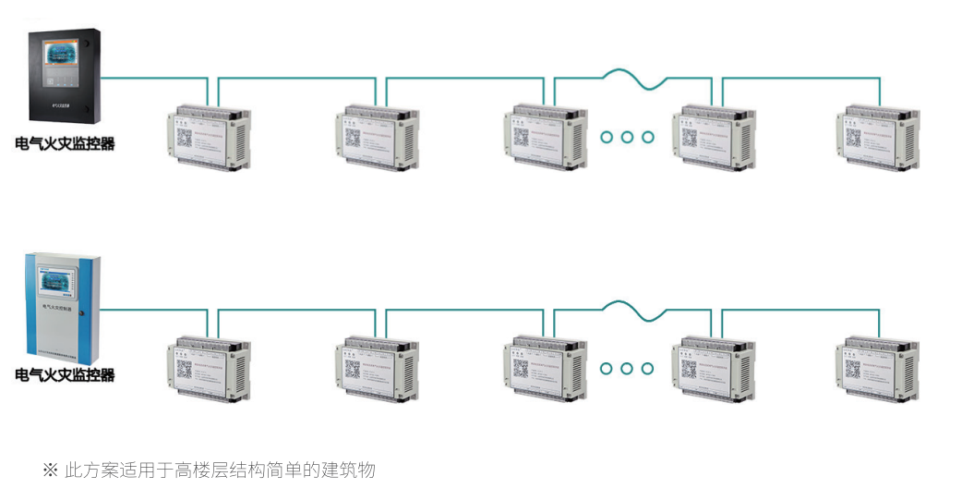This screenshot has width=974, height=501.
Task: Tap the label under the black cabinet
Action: coord(66,143)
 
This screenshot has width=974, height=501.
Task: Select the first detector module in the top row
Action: coord(209,139)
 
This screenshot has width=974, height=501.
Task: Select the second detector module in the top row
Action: coord(377,139)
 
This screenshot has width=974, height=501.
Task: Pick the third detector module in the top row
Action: coord(546,139)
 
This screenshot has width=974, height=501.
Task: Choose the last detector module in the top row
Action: coord(879,139)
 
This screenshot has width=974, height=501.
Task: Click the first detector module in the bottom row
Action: coord(209,370)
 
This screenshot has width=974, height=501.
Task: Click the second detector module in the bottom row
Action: coord(377,370)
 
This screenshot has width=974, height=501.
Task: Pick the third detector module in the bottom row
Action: coord(546,370)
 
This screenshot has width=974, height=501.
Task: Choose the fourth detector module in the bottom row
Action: coord(713,370)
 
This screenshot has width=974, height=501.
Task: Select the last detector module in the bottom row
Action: coord(879,370)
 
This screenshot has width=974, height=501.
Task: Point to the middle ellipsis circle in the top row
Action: coord(628,138)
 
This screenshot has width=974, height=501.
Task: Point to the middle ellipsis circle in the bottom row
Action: coord(628,369)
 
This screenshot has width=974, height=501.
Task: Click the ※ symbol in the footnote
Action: coord(50,470)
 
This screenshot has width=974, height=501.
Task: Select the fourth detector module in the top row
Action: coord(713,139)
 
